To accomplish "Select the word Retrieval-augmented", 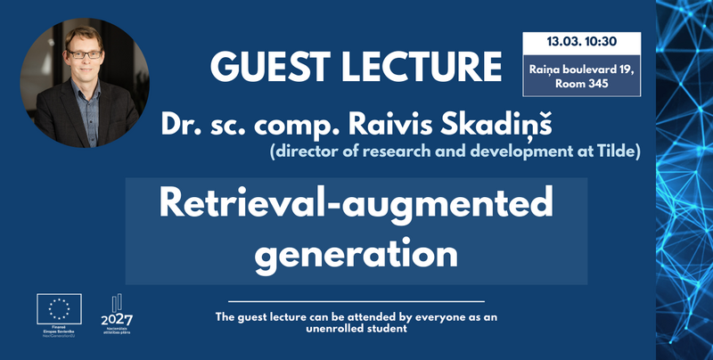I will [x=356, y=206].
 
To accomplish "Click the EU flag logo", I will [x=59, y=310].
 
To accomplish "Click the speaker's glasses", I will [x=85, y=54].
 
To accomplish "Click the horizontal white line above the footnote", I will [x=356, y=302].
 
